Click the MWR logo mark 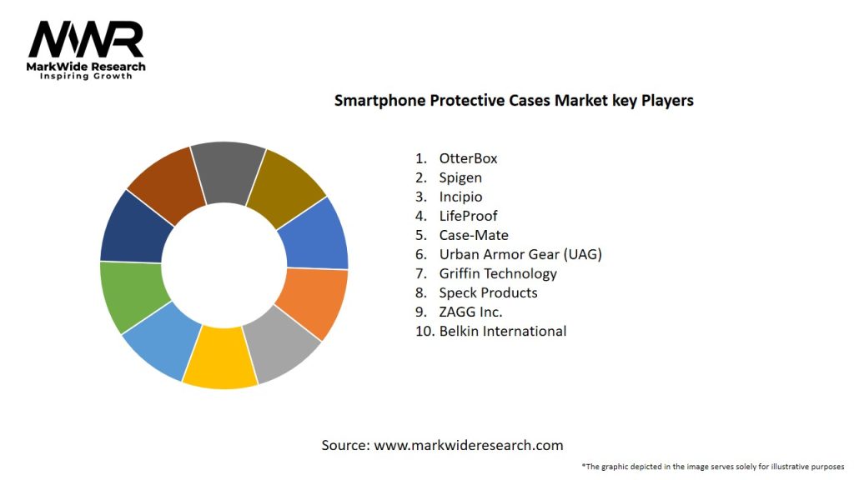coord(86,39)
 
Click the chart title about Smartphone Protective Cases coord(514,101)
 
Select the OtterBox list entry coord(468,158)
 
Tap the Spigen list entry coord(460,177)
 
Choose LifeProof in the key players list coord(468,216)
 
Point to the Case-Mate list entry coord(474,235)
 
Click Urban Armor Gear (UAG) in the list coord(520,254)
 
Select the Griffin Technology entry coord(498,273)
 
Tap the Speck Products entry coord(488,292)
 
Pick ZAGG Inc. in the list coord(470,312)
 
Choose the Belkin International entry coord(502,331)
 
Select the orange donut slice coord(314,302)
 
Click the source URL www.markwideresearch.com coord(468,445)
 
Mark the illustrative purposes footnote coord(713,467)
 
